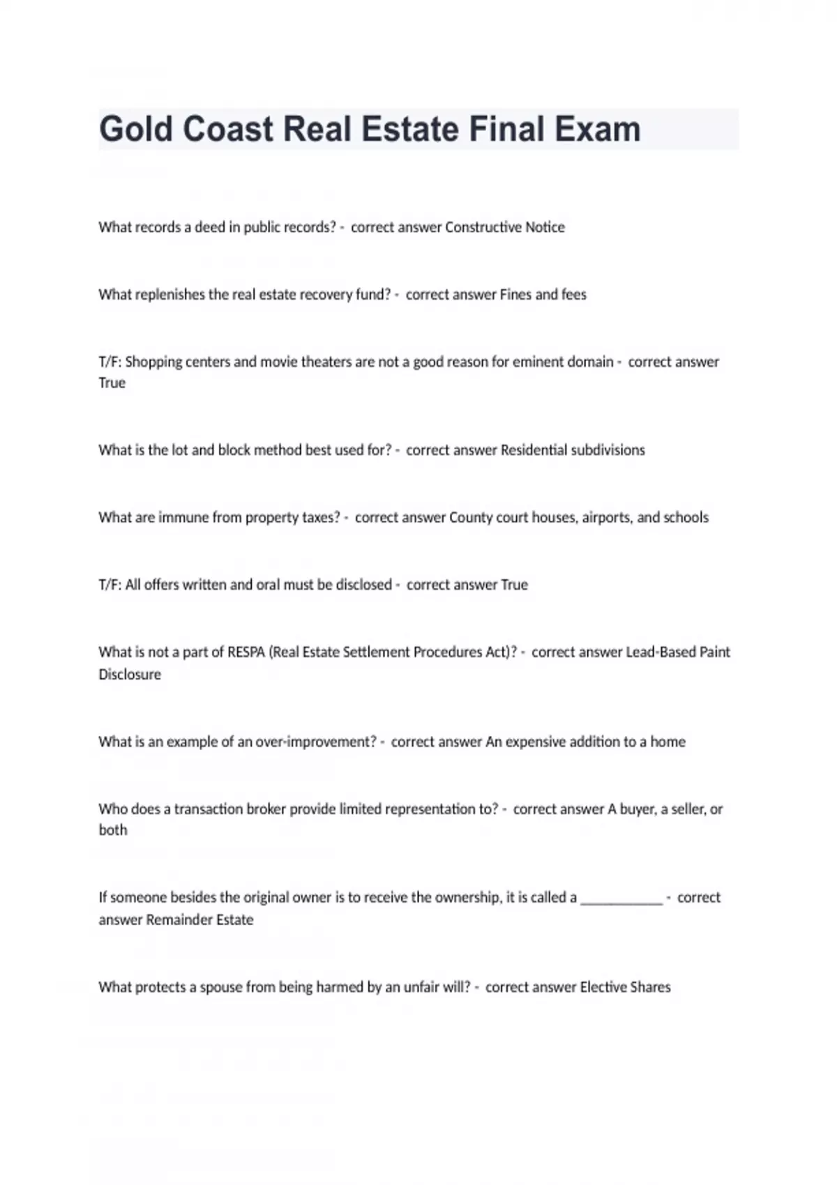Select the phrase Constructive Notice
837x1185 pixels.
pos(504,227)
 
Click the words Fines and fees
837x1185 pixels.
pos(543,295)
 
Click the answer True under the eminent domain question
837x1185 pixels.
pos(112,383)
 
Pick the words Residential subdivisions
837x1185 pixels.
pos(572,450)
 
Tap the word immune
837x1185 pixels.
pos(183,517)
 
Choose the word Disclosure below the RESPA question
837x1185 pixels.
pos(130,675)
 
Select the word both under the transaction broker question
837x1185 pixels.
pos(113,830)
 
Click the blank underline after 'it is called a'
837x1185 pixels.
pos(621,899)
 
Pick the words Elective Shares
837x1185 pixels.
pos(625,987)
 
